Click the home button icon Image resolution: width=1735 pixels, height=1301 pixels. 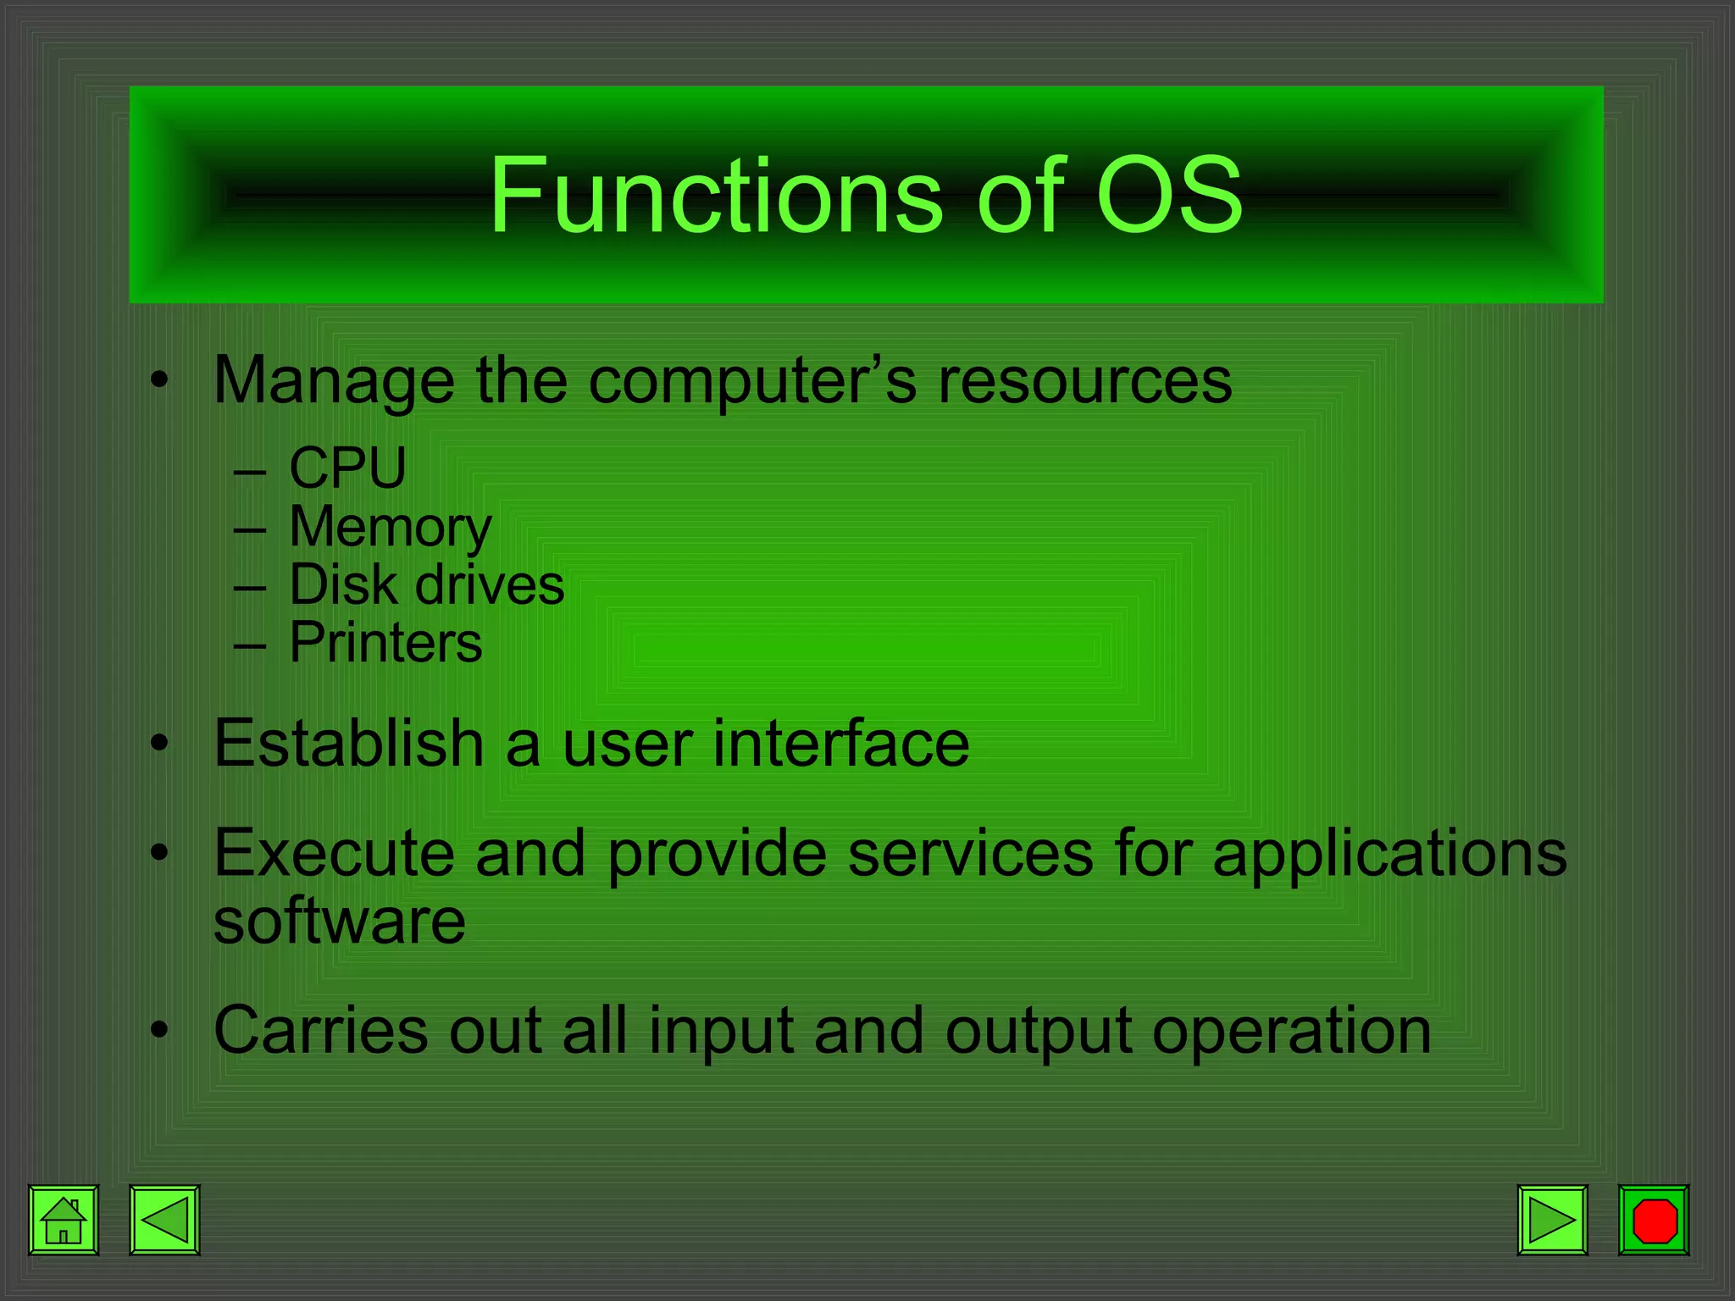tap(64, 1220)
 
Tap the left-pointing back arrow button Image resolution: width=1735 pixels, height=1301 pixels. tap(164, 1220)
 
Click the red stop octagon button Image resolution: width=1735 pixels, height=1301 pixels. tap(1654, 1220)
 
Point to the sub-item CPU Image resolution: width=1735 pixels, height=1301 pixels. tap(347, 468)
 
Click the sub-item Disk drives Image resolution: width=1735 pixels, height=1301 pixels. tap(426, 584)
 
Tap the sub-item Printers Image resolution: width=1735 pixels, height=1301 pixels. tap(385, 642)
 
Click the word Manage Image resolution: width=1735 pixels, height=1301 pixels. tap(334, 381)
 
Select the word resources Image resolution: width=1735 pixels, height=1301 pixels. tap(1084, 381)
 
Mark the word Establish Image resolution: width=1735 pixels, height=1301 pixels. tap(348, 743)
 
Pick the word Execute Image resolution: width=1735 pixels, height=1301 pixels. tap(334, 853)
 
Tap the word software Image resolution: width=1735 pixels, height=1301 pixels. tap(339, 921)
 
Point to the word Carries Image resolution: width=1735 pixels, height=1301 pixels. tap(321, 1031)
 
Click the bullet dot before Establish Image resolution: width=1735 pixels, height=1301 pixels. tap(159, 744)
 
